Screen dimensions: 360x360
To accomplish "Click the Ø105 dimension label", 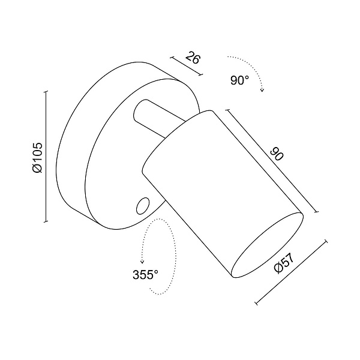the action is tap(37, 157).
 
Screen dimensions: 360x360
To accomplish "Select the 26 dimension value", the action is tap(193, 58).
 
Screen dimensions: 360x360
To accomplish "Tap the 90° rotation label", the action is tap(239, 80).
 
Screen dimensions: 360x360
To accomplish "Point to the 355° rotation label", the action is tap(145, 275).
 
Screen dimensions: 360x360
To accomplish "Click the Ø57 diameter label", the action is tap(284, 264).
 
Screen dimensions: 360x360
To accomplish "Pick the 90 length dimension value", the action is tap(277, 154).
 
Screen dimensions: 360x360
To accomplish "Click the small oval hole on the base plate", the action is tap(142, 206).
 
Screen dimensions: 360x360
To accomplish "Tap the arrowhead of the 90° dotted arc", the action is tap(262, 90).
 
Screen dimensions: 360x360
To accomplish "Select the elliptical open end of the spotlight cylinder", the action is tap(267, 245).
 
